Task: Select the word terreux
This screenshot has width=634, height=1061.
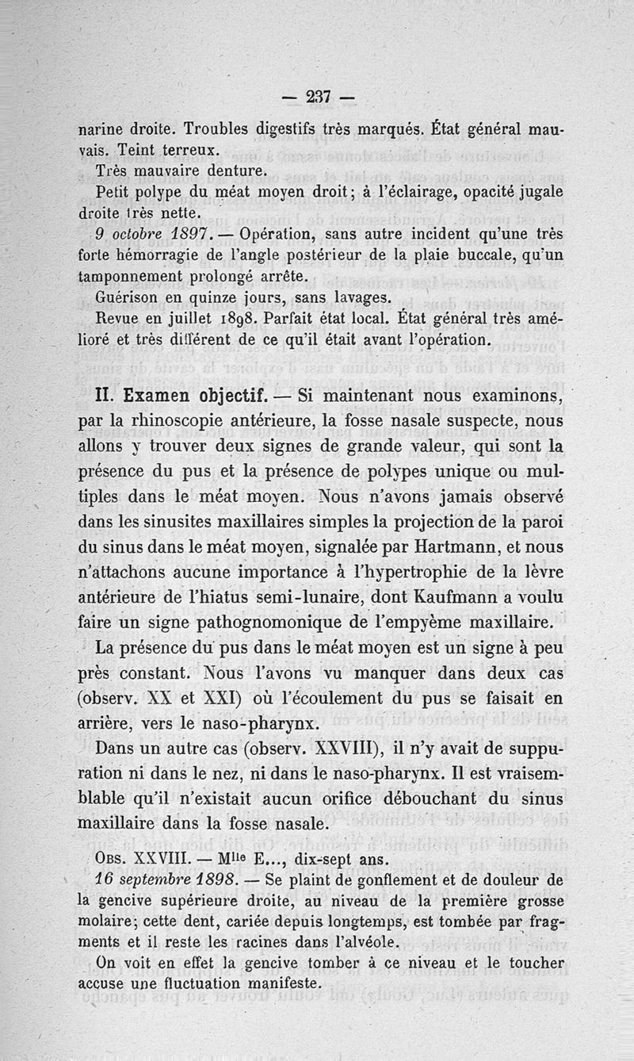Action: (189, 148)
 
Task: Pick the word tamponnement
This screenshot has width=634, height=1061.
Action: (133, 277)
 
